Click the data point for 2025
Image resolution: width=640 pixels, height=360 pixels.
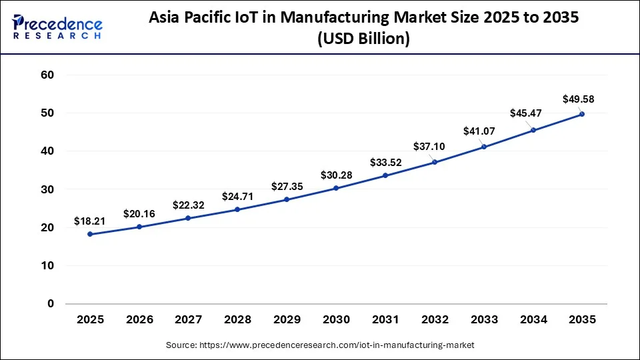pyautogui.click(x=90, y=234)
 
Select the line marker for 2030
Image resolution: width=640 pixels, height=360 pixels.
pyautogui.click(x=336, y=188)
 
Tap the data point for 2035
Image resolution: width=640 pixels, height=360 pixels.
pyautogui.click(x=582, y=114)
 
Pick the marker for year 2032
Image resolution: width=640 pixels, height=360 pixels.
pyautogui.click(x=435, y=162)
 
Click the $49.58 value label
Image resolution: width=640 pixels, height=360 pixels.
pyautogui.click(x=578, y=99)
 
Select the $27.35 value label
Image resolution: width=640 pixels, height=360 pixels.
pyautogui.click(x=287, y=186)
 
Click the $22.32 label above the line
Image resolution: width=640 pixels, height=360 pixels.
pyautogui.click(x=189, y=205)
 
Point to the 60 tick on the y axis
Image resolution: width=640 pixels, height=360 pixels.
pyautogui.click(x=47, y=75)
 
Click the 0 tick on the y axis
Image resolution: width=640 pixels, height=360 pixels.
pyautogui.click(x=50, y=303)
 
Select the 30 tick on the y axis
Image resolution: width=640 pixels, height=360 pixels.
pyautogui.click(x=47, y=189)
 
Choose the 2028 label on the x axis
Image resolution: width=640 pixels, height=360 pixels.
pyautogui.click(x=237, y=320)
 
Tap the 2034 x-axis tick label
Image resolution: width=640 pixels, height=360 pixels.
pyautogui.click(x=533, y=320)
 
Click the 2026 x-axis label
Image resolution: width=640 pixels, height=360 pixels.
pyautogui.click(x=139, y=320)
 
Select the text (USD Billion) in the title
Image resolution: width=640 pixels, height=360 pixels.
pyautogui.click(x=364, y=39)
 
